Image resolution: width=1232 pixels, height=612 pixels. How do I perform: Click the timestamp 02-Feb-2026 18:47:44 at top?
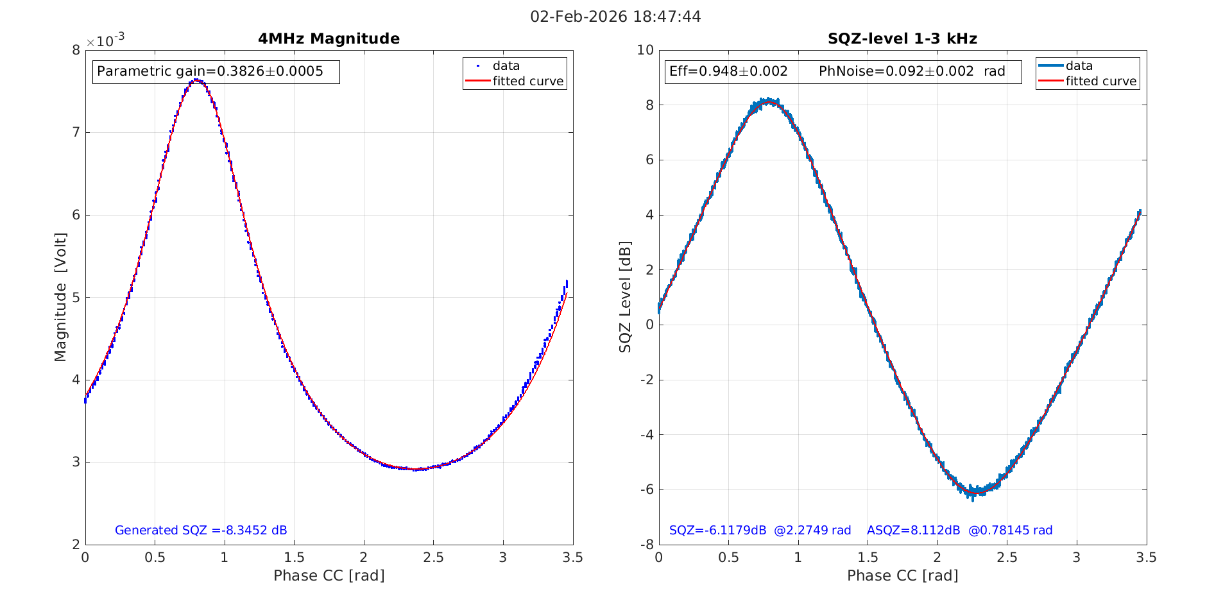tap(615, 17)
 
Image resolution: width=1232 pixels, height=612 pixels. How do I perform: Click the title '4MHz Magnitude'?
tap(329, 39)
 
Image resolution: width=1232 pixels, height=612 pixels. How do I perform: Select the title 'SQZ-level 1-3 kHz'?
tap(902, 39)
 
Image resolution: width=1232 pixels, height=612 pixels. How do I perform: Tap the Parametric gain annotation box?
tap(216, 71)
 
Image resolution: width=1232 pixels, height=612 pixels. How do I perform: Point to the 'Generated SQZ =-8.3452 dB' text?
tap(201, 531)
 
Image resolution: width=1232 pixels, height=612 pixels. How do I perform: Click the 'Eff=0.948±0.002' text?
tap(728, 71)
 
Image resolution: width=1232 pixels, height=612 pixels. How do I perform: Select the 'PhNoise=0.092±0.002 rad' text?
tap(911, 71)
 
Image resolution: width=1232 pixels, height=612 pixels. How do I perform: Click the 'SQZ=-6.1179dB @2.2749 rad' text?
tap(760, 531)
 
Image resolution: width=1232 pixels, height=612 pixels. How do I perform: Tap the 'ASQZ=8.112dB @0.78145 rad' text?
tap(959, 531)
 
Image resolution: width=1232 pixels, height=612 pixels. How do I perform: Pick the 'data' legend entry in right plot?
tap(1079, 66)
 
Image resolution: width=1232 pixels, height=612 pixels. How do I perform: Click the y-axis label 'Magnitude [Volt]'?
tap(60, 297)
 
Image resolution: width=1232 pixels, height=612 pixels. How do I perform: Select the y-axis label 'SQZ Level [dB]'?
tap(625, 297)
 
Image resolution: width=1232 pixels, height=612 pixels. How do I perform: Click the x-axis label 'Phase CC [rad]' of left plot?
tap(329, 575)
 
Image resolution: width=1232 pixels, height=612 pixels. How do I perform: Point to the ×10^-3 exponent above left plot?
tap(105, 41)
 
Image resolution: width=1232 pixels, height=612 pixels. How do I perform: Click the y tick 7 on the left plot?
tap(76, 133)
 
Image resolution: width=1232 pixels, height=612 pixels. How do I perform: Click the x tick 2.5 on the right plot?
tap(1007, 558)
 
